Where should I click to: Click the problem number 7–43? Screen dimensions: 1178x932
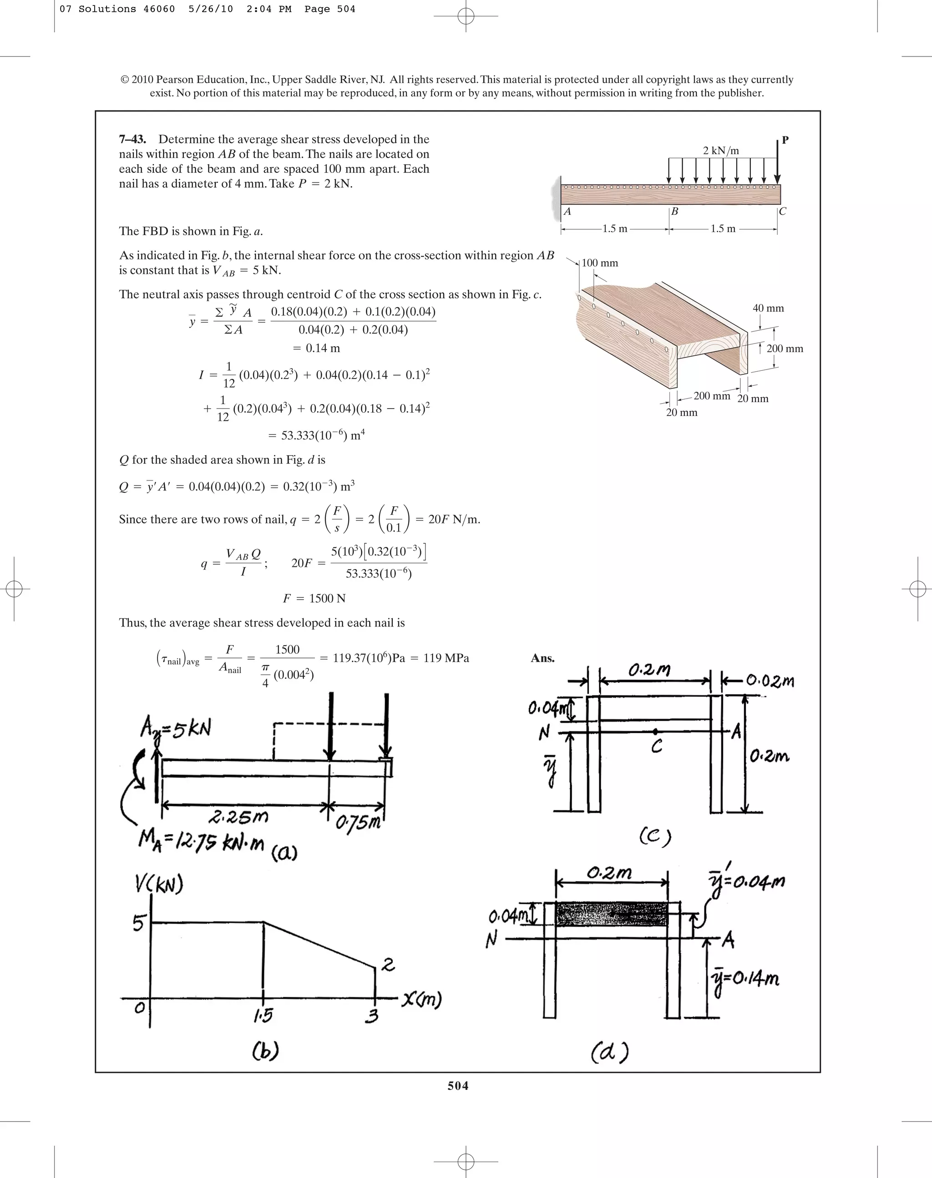[x=132, y=140]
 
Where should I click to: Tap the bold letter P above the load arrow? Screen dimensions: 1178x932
[x=785, y=140]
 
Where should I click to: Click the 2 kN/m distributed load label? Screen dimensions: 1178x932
[x=721, y=151]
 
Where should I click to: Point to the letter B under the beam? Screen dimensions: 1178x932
[x=675, y=212]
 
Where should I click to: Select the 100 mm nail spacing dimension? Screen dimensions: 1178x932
[x=599, y=263]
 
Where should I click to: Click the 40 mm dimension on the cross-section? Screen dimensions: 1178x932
[x=768, y=308]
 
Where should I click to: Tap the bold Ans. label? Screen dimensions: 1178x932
[x=542, y=658]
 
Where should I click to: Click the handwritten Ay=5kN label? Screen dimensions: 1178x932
[x=176, y=729]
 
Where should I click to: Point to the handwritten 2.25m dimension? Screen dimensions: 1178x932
[x=238, y=817]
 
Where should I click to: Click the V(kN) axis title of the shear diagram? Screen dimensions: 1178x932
[x=159, y=885]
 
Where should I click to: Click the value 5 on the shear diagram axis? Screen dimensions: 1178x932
[x=139, y=923]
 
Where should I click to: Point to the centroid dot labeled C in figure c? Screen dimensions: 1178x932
[x=655, y=732]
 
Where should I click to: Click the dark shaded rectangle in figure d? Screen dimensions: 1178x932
[x=611, y=913]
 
